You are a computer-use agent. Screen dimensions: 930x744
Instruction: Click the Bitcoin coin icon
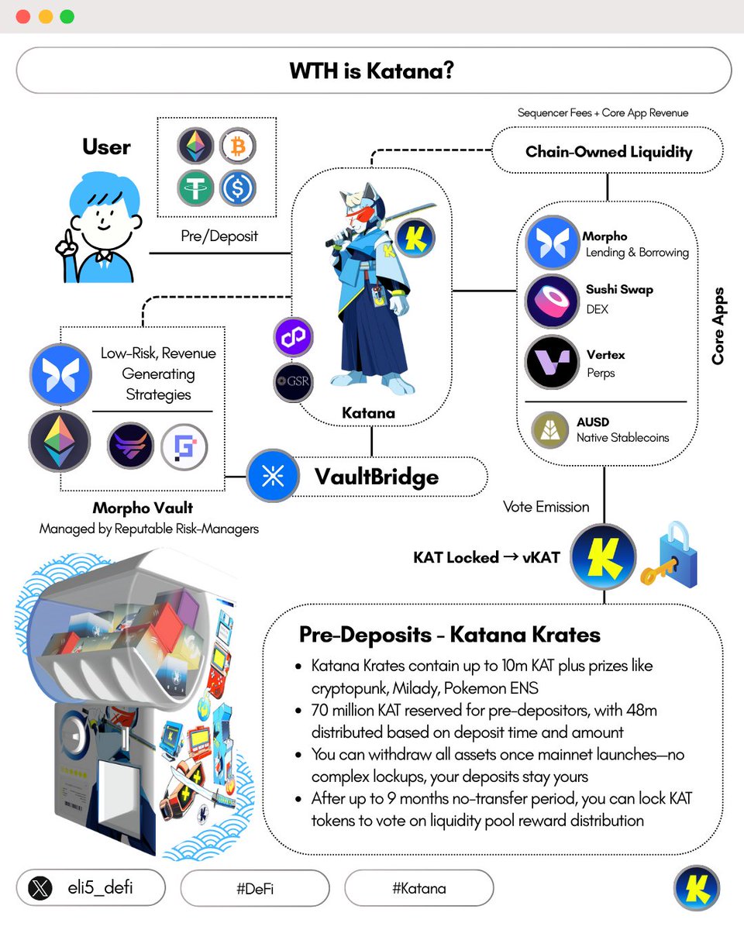coord(237,145)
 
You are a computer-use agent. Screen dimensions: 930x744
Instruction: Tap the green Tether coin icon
coord(195,188)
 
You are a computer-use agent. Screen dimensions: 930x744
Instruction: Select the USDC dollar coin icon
coord(237,188)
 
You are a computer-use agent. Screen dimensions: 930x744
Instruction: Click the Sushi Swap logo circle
coord(552,300)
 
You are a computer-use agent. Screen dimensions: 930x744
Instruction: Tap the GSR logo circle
coord(294,382)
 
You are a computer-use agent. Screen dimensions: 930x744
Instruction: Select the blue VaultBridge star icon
coord(273,476)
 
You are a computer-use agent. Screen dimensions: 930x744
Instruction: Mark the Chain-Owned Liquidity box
coord(608,151)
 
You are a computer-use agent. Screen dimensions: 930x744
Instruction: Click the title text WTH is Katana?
coord(372,71)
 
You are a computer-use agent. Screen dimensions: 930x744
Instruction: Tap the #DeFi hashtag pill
coord(254,888)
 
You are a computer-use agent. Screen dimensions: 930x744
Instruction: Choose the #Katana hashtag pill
coord(418,888)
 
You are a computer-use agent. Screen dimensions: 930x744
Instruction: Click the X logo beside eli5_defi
coord(40,888)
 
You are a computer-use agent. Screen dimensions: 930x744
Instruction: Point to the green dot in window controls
coord(67,16)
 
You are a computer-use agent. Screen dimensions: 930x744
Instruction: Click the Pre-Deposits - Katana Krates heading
coord(449,635)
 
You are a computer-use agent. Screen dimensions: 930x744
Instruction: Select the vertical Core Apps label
coord(718,326)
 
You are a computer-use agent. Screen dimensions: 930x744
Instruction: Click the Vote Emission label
coord(546,507)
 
